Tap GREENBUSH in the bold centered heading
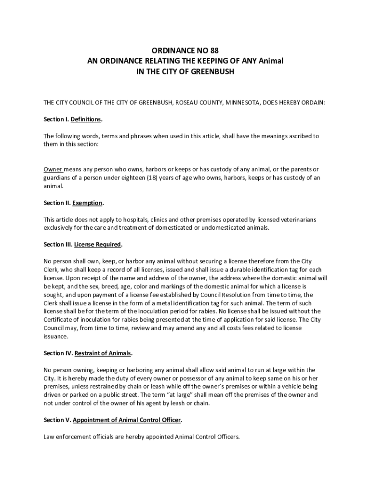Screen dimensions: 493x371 [x=210, y=72]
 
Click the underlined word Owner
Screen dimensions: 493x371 [x=53, y=169]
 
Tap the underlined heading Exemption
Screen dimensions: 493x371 [x=88, y=203]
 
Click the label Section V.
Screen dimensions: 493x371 [x=57, y=420]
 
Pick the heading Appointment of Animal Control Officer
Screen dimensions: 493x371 [x=127, y=420]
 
